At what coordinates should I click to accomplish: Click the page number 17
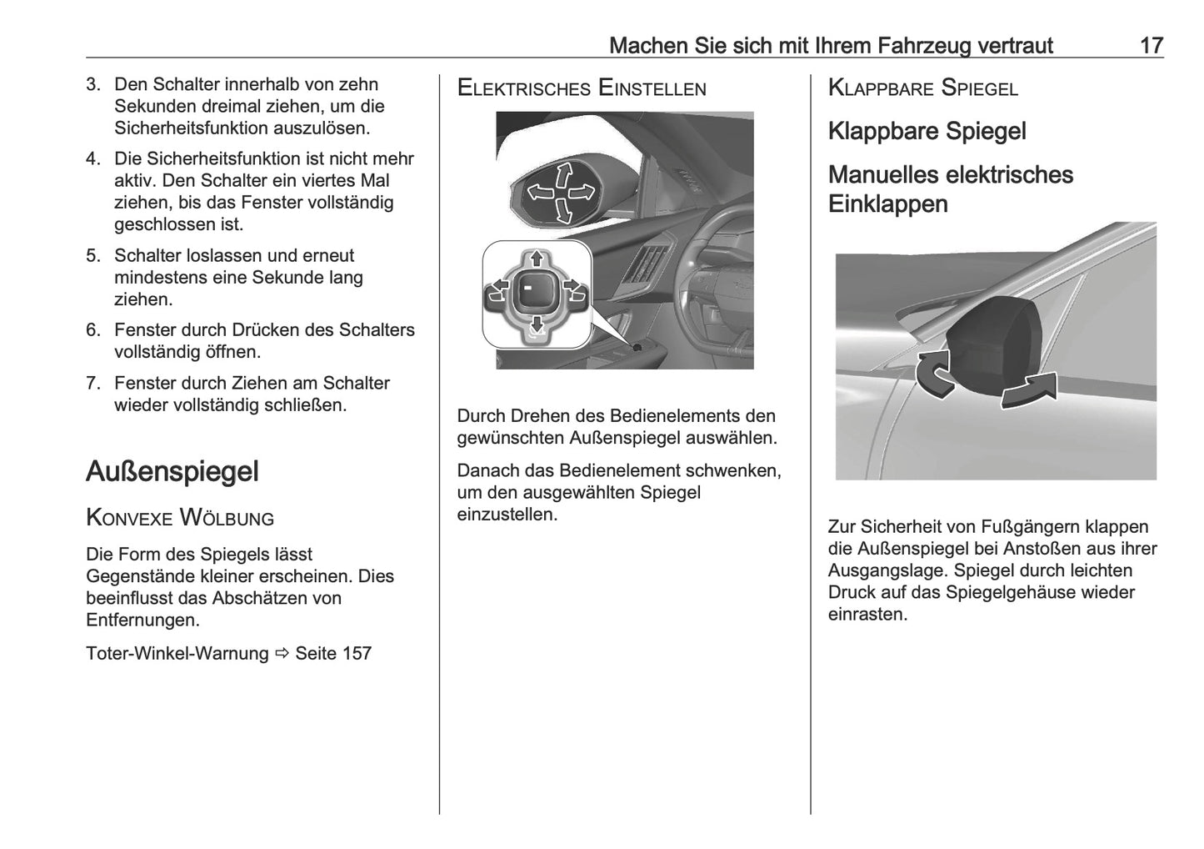point(1151,45)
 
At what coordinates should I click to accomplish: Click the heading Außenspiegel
point(172,471)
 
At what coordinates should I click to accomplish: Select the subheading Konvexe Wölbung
point(180,518)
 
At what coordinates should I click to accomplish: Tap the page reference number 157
point(357,653)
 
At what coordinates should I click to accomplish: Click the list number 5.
point(92,256)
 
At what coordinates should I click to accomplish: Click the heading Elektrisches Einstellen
point(582,88)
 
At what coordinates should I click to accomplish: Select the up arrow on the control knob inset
point(537,258)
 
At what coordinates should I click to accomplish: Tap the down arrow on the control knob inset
point(537,323)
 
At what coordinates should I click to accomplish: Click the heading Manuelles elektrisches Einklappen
point(950,189)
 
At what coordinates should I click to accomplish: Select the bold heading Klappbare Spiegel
point(927,132)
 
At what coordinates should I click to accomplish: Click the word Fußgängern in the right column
point(1032,527)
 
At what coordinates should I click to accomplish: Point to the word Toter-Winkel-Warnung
point(177,653)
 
